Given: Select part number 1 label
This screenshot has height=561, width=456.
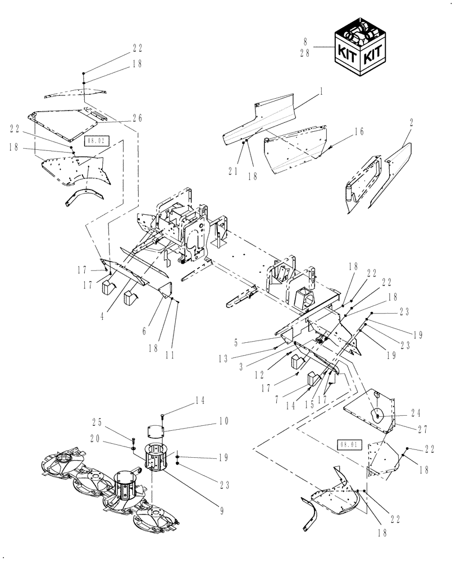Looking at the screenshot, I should [x=322, y=89].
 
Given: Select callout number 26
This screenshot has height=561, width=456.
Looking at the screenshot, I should [x=137, y=118].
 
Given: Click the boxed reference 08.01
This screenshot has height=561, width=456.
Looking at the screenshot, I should [x=348, y=444].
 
